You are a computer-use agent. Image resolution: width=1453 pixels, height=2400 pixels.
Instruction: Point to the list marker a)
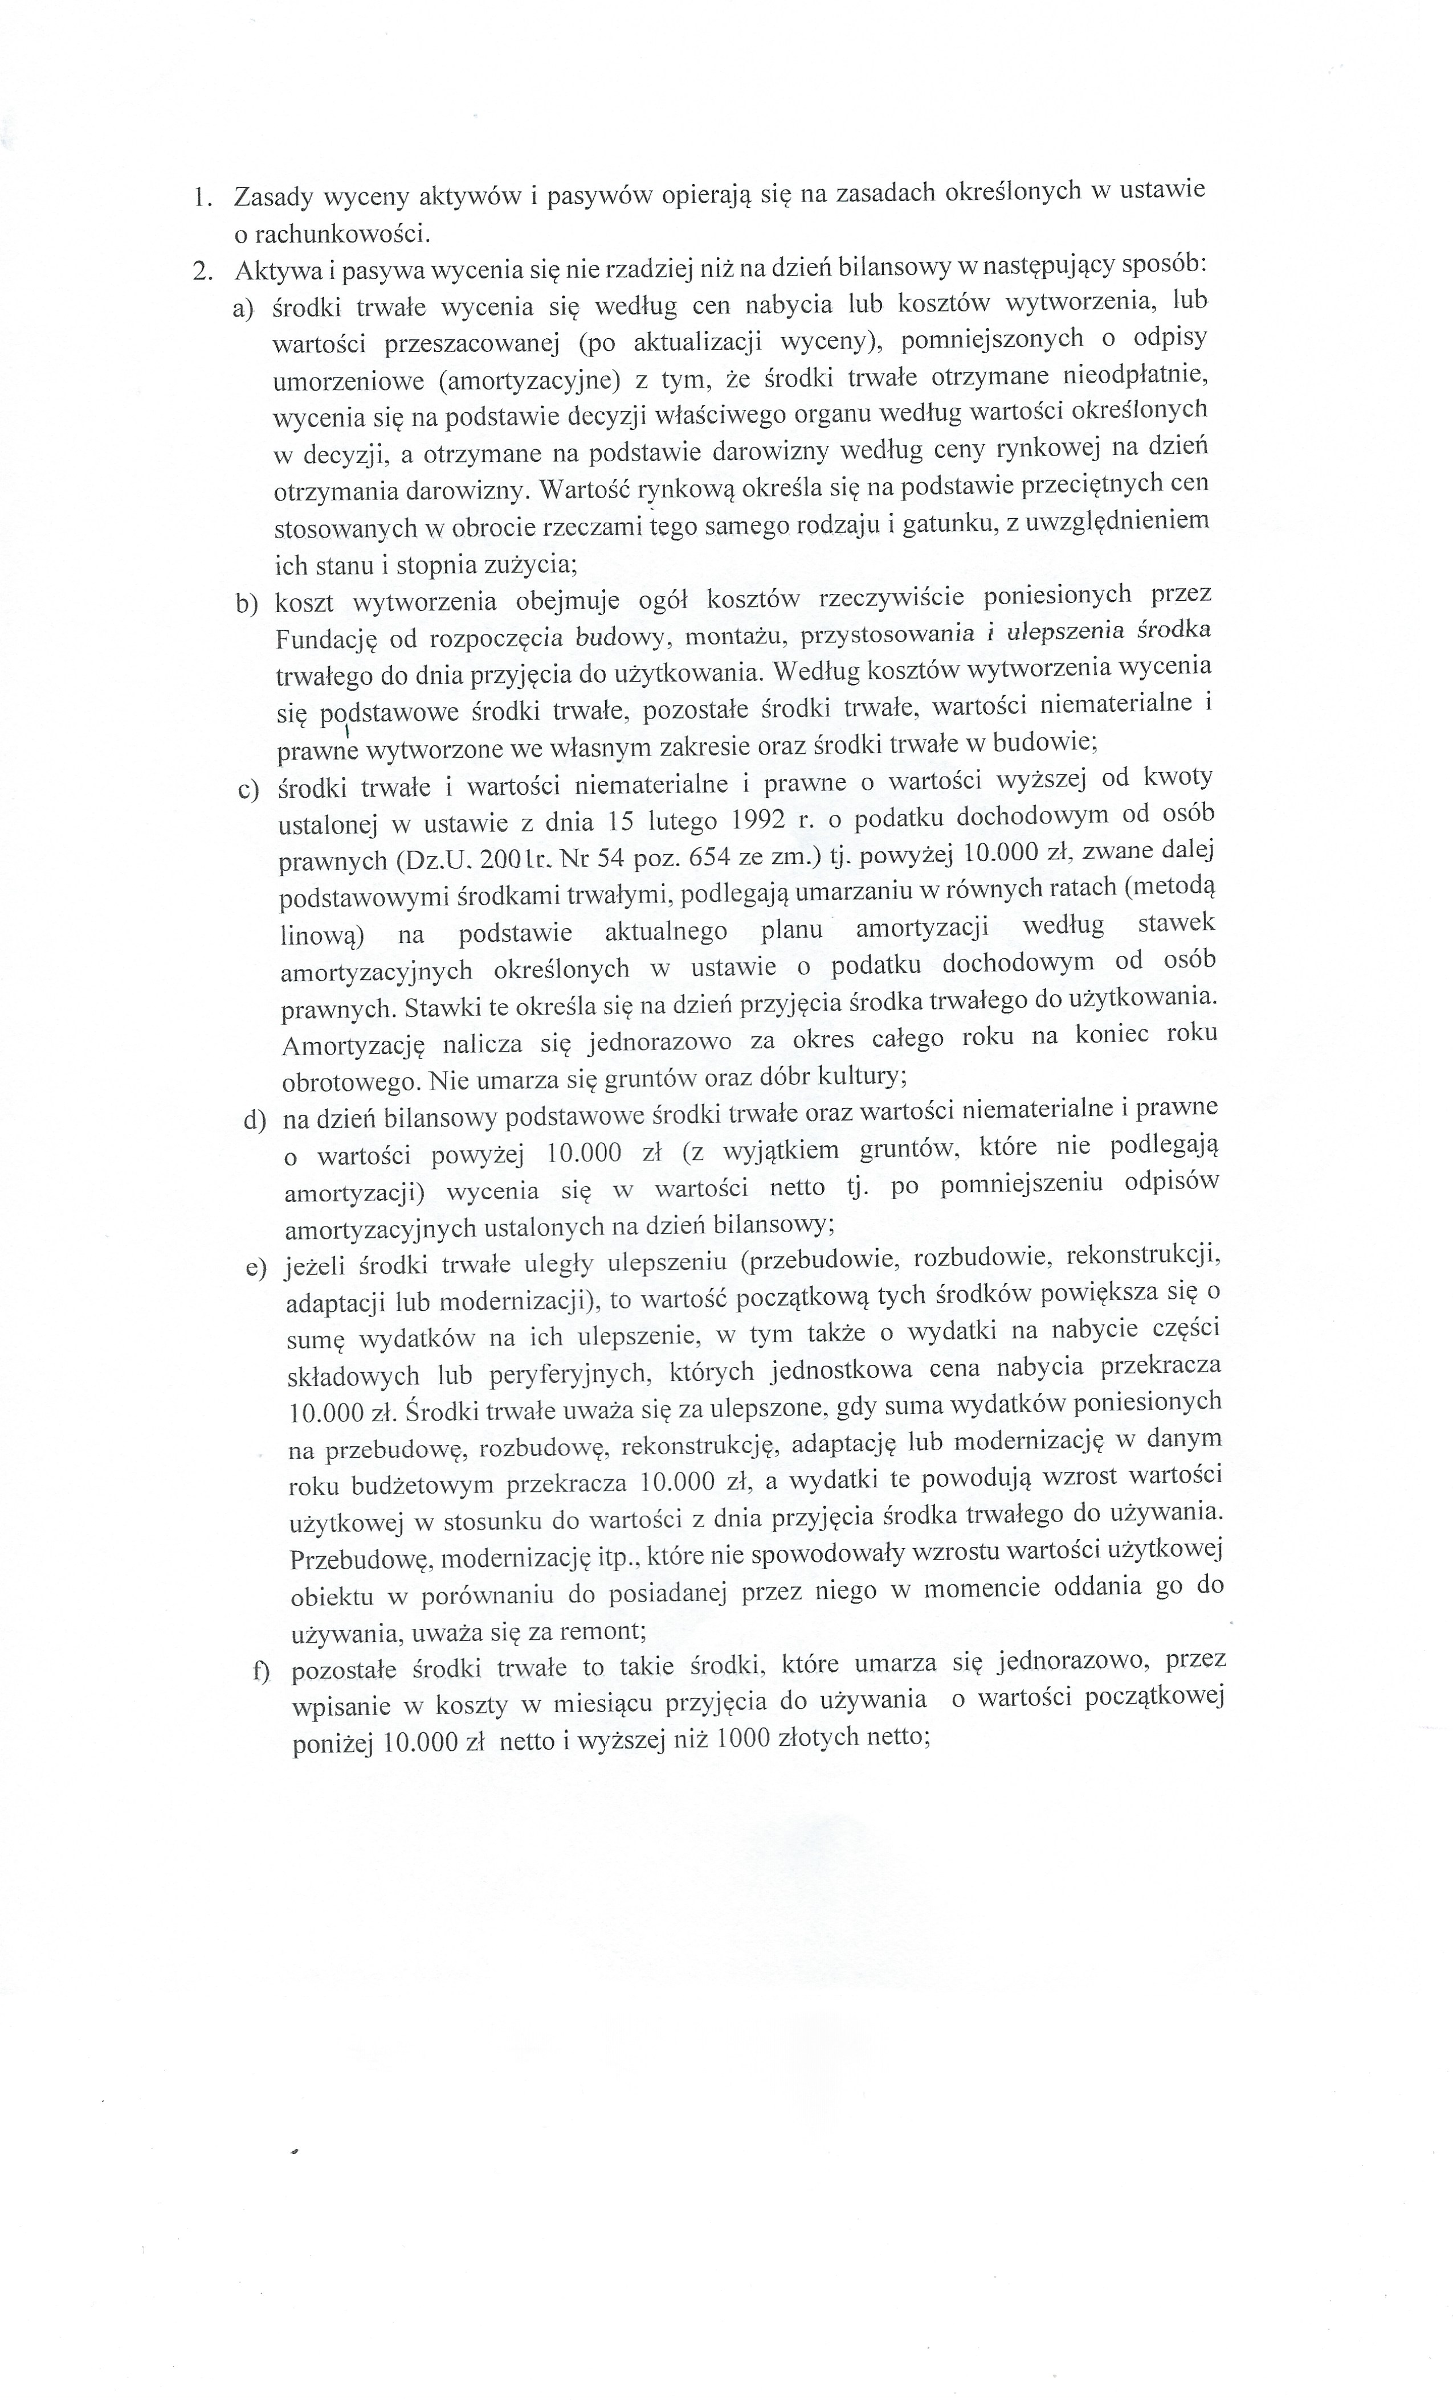[x=243, y=310]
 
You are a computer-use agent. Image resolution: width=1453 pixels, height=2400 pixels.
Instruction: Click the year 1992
[x=754, y=819]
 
